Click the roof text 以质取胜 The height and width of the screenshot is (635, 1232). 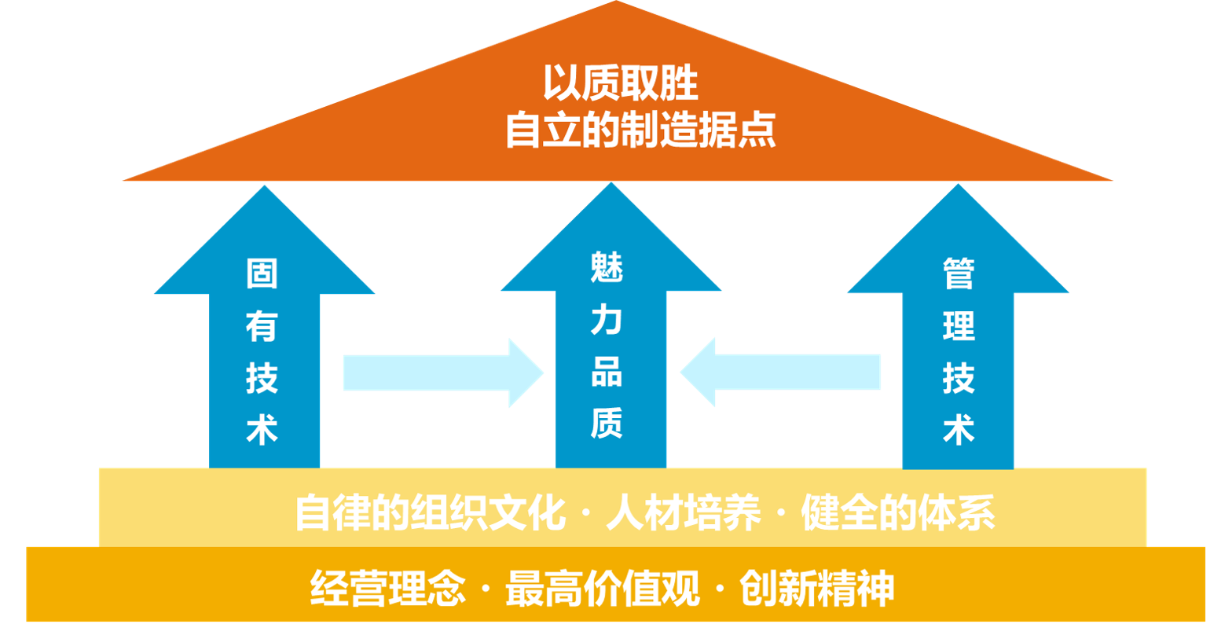[x=621, y=84]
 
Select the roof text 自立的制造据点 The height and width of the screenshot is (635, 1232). [x=640, y=130]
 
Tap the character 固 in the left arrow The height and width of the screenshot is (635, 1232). [x=262, y=274]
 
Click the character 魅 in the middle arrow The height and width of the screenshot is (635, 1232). [x=607, y=270]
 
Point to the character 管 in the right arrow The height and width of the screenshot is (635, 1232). [x=959, y=275]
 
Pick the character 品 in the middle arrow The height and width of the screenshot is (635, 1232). [x=607, y=373]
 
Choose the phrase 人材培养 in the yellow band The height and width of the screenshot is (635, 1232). [x=684, y=516]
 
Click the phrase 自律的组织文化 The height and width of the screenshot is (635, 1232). [x=431, y=516]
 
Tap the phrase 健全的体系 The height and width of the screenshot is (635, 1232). [x=898, y=516]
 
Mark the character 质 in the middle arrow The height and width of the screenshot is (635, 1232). [x=607, y=424]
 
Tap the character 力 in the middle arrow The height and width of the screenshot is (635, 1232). [x=607, y=321]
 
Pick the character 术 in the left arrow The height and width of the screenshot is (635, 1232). [x=262, y=431]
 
